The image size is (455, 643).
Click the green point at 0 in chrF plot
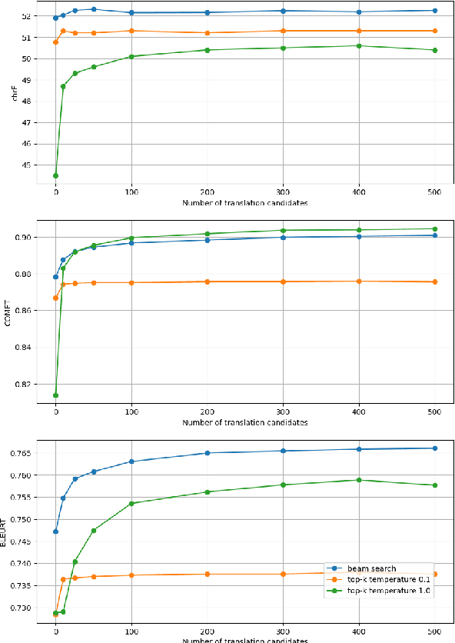tap(55, 175)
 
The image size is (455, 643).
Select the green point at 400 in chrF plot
tap(359, 45)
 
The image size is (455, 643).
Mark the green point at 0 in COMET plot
tap(55, 395)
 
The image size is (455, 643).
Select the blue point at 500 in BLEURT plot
tap(435, 448)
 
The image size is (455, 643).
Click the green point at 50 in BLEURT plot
tap(94, 530)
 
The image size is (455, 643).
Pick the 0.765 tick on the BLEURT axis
tap(17, 453)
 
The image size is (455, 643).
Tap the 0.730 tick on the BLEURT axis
tap(17, 608)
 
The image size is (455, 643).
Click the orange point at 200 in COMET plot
tap(208, 282)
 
